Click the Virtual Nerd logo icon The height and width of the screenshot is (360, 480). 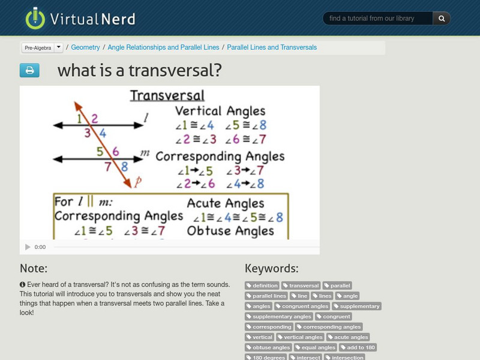click(35, 18)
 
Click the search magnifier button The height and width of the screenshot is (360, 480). click(442, 19)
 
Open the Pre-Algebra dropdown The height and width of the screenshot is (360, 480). click(58, 47)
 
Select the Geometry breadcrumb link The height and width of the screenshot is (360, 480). click(86, 47)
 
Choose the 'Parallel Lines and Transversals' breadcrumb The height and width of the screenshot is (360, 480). click(272, 47)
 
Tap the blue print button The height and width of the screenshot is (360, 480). click(29, 71)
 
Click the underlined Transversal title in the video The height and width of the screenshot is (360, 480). click(167, 95)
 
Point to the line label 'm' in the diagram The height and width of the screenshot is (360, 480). click(145, 154)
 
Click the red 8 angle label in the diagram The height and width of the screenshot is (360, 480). click(124, 167)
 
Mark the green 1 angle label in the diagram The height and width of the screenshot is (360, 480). click(79, 119)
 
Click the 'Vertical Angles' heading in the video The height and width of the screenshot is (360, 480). click(220, 111)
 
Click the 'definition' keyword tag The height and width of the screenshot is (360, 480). click(263, 286)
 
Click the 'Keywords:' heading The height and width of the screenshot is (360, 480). click(271, 268)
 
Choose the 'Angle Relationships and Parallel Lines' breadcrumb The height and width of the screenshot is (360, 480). click(164, 47)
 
